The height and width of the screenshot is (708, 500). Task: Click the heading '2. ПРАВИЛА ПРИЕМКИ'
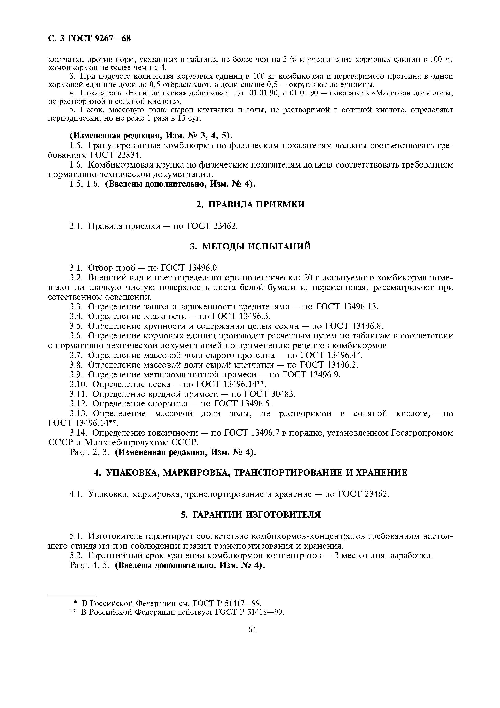click(x=251, y=204)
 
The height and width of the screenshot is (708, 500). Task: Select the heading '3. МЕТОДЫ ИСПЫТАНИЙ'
click(x=251, y=246)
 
